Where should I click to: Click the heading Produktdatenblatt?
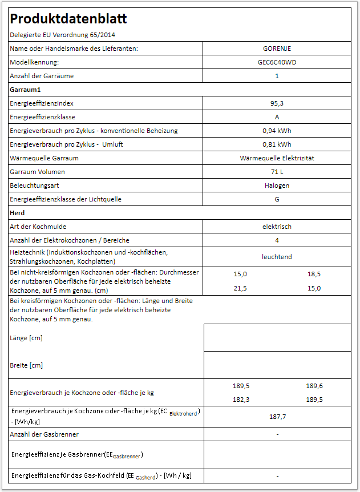pos(68,19)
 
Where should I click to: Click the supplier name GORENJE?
pos(277,49)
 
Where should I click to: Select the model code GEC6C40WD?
pos(277,62)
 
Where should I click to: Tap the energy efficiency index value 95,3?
pos(277,103)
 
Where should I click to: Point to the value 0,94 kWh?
pos(277,131)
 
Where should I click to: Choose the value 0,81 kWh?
pos(277,144)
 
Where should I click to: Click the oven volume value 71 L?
pos(277,172)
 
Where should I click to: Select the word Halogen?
pos(277,185)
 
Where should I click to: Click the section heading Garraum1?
pos(25,90)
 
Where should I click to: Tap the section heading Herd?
pos(17,213)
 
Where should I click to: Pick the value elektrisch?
pos(277,227)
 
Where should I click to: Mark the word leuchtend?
pos(277,257)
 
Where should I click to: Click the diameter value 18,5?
pos(314,274)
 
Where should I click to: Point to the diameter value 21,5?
pos(240,288)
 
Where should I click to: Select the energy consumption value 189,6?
pos(314,386)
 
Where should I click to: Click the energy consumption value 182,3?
pos(240,400)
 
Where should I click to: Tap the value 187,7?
pos(277,417)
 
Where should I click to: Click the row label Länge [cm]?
pos(26,338)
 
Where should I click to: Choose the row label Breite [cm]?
pos(26,365)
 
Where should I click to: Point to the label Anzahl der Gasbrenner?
pos(44,434)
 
